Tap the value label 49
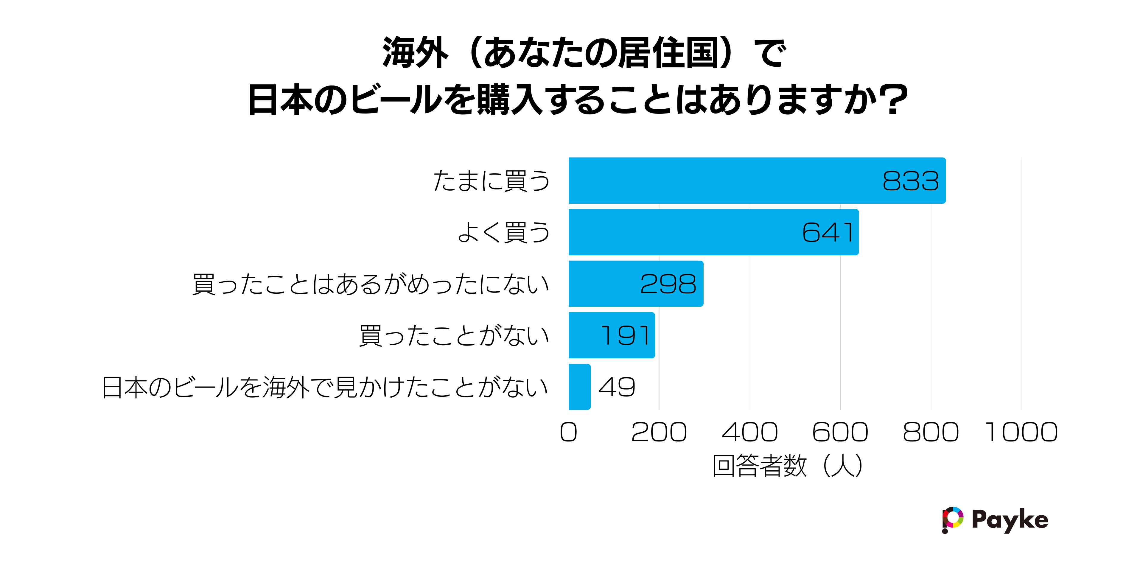point(616,387)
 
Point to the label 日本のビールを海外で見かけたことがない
point(325,387)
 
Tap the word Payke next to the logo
point(1010,520)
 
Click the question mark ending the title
point(895,100)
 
